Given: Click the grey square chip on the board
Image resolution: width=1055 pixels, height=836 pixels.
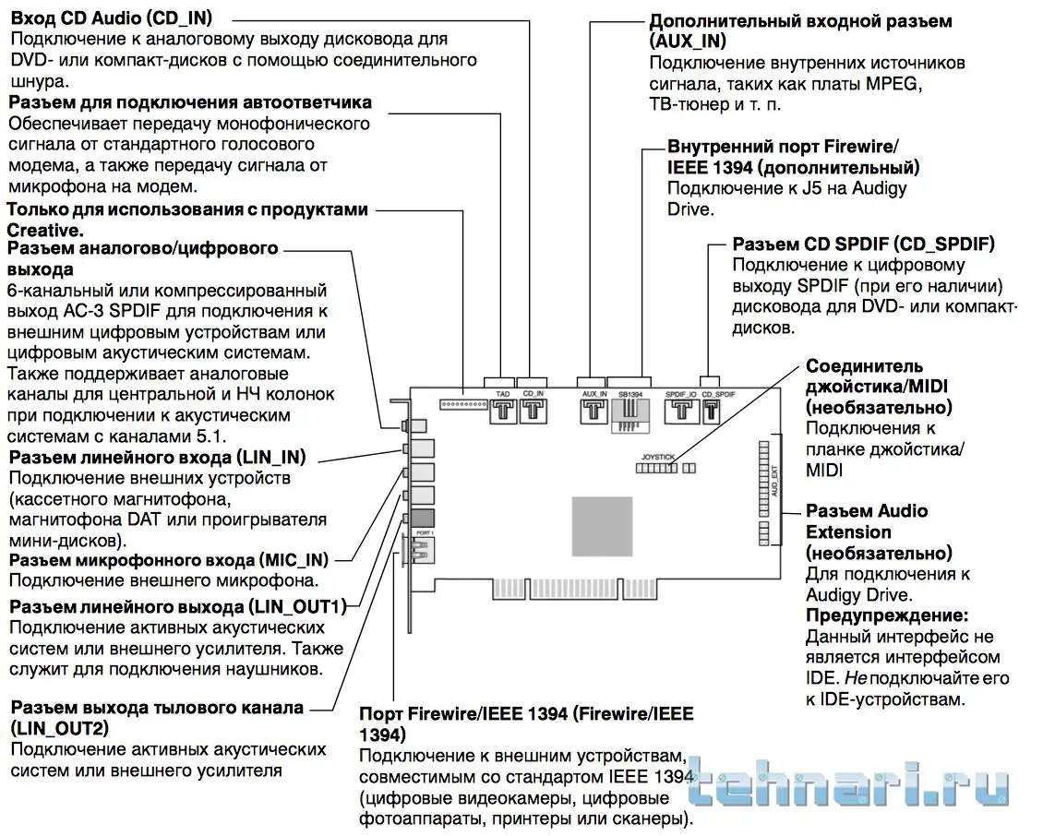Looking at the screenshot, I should click(x=602, y=520).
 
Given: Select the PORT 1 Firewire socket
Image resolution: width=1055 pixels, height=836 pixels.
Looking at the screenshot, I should click(x=421, y=553).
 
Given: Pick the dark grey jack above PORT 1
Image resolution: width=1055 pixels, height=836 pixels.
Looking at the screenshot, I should click(x=423, y=519).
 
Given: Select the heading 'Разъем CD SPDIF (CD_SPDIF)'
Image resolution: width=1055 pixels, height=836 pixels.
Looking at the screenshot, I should click(x=863, y=245).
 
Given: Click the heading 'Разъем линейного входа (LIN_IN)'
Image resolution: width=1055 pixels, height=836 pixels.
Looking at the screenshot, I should click(x=157, y=458).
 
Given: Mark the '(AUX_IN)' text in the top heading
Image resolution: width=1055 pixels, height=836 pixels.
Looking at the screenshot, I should click(x=688, y=42).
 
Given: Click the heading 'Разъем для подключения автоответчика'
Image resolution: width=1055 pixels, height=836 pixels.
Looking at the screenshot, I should click(x=190, y=102).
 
